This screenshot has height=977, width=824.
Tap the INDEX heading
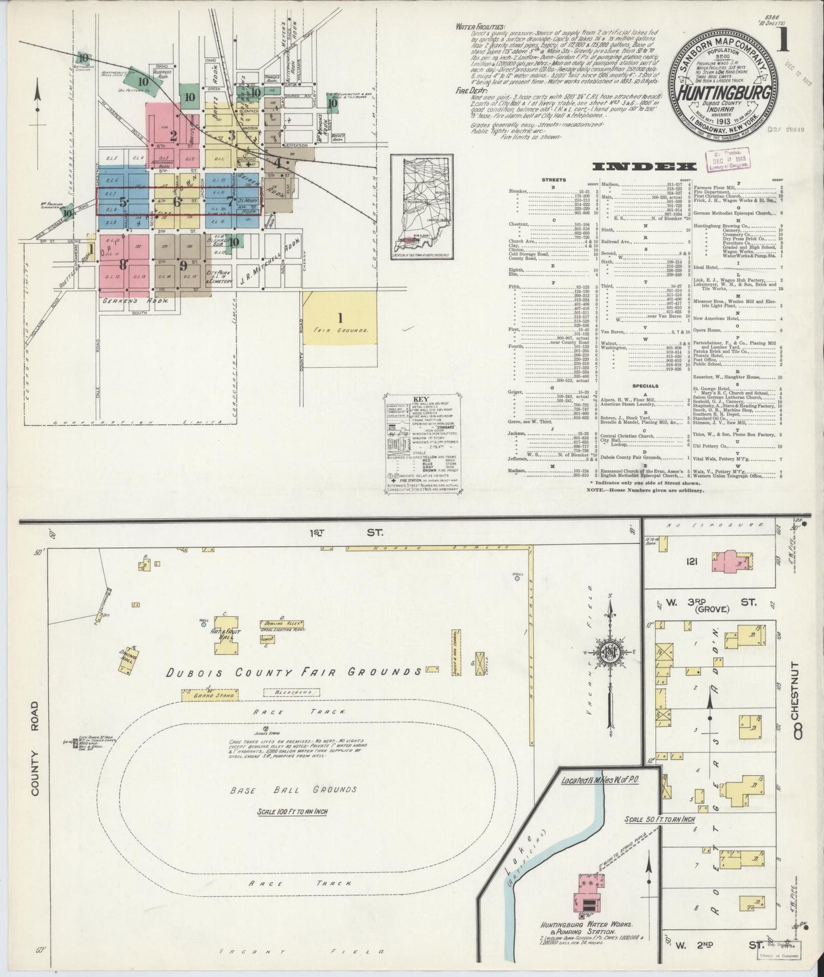(x=644, y=166)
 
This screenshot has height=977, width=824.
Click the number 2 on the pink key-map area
(x=173, y=135)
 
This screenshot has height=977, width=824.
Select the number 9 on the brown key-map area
(x=183, y=265)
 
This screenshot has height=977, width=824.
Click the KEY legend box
(x=423, y=446)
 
